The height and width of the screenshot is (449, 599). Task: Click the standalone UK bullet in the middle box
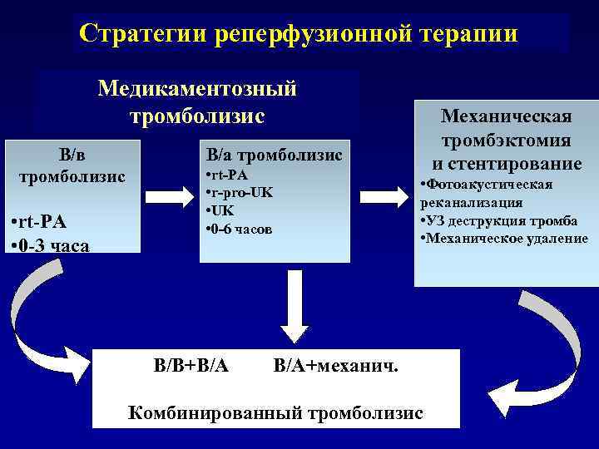click(x=218, y=210)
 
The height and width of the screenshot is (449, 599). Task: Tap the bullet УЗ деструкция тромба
click(x=499, y=220)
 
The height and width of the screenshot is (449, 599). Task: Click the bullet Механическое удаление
click(x=504, y=238)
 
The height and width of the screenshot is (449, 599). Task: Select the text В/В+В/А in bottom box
click(x=192, y=365)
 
